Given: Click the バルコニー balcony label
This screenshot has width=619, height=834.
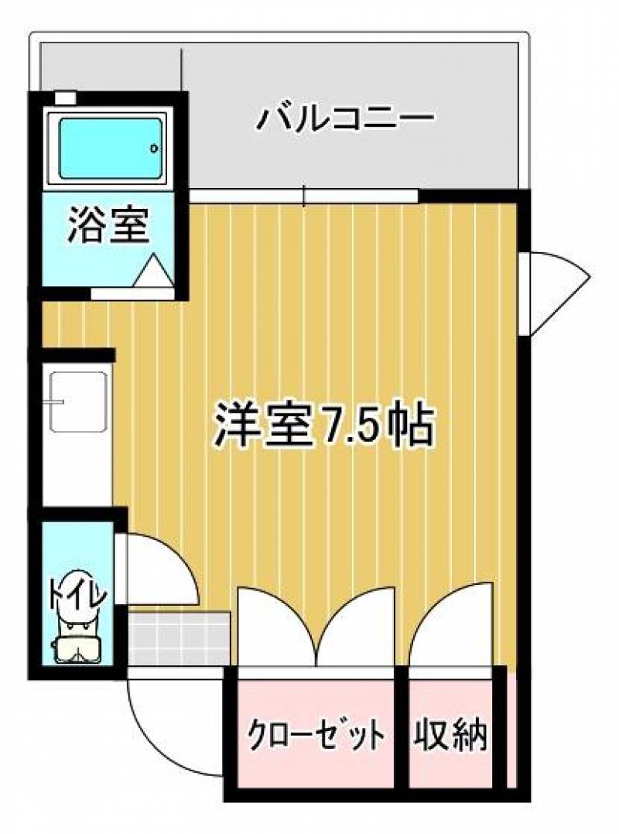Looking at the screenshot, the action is (x=346, y=118).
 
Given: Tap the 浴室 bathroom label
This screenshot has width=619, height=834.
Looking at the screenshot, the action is (x=108, y=226).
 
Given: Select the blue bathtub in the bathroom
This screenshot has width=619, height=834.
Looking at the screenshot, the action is (x=110, y=148).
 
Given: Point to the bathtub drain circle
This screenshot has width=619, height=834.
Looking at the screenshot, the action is (x=154, y=148).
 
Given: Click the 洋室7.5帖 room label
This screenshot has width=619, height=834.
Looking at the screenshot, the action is (x=324, y=426).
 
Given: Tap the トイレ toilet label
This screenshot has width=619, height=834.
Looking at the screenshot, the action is (x=78, y=592).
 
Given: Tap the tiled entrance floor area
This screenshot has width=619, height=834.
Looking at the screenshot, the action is (x=179, y=638).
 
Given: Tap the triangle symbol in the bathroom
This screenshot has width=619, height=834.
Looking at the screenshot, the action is (x=154, y=271).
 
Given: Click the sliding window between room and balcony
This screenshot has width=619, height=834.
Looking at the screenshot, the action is (x=304, y=197).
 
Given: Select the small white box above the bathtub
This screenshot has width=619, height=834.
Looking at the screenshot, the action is (x=66, y=97).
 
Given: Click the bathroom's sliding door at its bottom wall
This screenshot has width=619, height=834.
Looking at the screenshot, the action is (x=132, y=294).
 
